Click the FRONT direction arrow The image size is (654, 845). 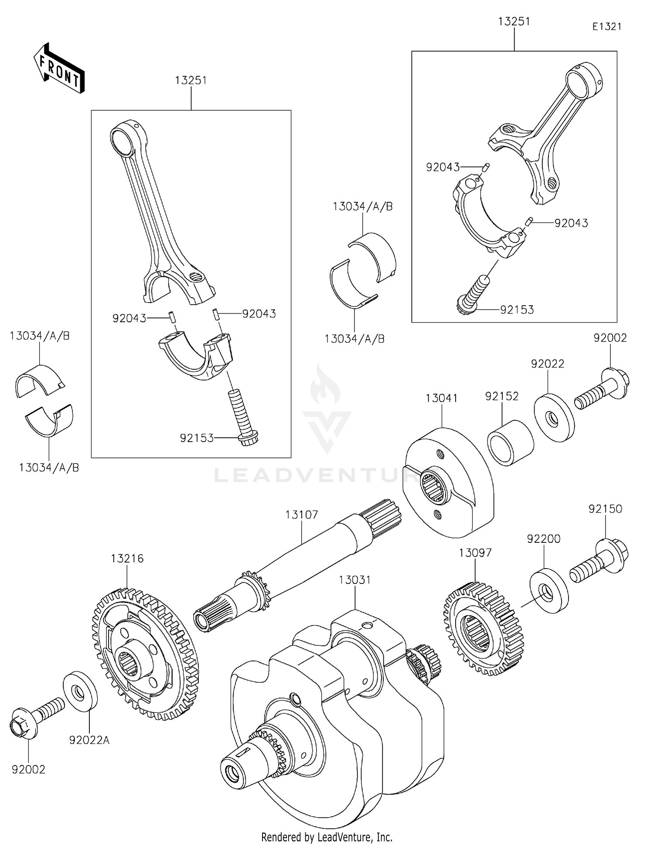click(59, 70)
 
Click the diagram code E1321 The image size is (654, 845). click(606, 27)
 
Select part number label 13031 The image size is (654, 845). click(355, 580)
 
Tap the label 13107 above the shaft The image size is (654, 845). click(302, 514)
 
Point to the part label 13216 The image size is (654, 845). click(127, 558)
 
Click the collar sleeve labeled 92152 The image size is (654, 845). click(510, 443)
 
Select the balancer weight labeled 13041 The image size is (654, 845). click(449, 484)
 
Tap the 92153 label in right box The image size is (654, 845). click(517, 310)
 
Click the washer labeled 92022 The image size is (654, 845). click(554, 418)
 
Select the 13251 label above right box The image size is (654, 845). click(514, 21)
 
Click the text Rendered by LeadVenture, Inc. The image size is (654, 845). click(327, 837)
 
